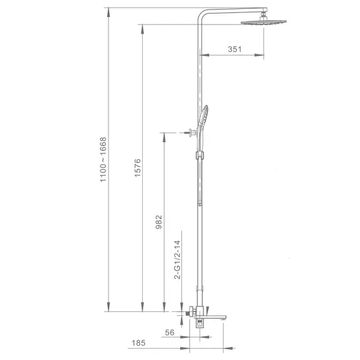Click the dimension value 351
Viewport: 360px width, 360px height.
(234, 49)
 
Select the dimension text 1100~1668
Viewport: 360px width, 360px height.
(103, 160)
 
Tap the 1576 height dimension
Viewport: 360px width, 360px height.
(137, 167)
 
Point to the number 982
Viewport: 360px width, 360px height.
(159, 222)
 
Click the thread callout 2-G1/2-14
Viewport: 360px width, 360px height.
(177, 260)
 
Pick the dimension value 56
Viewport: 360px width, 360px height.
(170, 332)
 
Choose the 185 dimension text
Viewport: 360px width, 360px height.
(138, 343)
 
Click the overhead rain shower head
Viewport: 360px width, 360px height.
(263, 22)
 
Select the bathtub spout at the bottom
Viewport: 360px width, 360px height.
(210, 318)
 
